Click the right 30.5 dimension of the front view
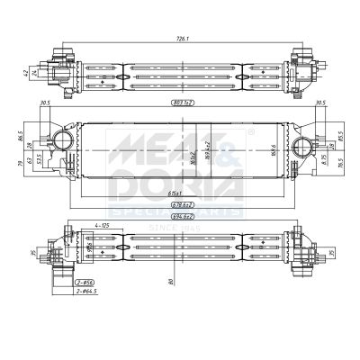[x=319, y=103]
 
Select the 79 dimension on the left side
[x=19, y=164]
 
